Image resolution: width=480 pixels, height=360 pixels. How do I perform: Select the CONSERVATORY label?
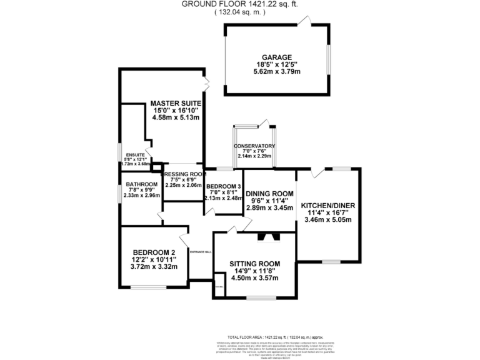(x=255, y=146)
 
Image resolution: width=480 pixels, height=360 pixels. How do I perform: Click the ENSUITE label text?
(x=135, y=154)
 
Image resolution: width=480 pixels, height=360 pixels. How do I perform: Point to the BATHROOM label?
(x=141, y=184)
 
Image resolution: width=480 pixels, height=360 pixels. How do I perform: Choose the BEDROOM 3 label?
(x=224, y=187)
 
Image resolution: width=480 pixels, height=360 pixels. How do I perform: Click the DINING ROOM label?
(x=269, y=193)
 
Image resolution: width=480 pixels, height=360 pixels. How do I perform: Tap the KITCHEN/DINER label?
(x=327, y=206)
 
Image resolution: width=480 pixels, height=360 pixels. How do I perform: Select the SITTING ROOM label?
(x=254, y=264)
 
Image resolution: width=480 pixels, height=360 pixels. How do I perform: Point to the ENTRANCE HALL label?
(x=201, y=251)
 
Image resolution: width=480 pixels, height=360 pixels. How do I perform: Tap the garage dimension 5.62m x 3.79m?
(x=276, y=72)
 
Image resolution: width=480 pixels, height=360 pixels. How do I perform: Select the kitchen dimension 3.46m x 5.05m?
(x=327, y=220)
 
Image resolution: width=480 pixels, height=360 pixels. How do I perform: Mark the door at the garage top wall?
(x=304, y=22)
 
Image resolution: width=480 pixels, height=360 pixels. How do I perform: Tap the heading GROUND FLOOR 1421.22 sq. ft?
(x=239, y=4)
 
